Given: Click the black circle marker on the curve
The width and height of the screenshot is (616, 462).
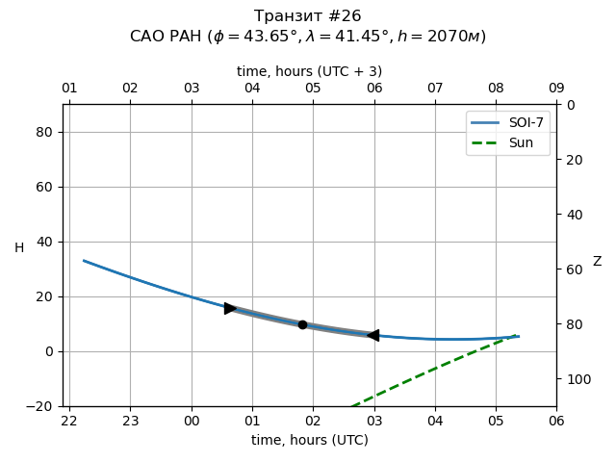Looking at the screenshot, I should click(302, 324).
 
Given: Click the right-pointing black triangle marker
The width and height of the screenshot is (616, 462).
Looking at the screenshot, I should click(230, 308).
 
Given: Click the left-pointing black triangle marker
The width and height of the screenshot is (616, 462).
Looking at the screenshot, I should click(373, 335).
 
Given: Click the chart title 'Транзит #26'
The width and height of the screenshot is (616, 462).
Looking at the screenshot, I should click(308, 16).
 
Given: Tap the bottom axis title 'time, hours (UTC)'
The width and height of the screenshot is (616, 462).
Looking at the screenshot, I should click(310, 440).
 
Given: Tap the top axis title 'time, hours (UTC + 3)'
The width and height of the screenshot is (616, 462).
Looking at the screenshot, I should click(310, 71).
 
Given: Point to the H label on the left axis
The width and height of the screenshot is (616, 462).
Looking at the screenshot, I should click(19, 248).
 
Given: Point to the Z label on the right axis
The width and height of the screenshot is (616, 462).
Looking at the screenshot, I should click(597, 262).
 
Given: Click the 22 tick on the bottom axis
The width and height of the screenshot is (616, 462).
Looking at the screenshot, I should click(69, 421).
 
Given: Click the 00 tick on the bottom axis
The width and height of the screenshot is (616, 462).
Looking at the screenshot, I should click(192, 421).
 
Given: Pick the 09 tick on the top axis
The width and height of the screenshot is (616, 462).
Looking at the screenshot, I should click(556, 89).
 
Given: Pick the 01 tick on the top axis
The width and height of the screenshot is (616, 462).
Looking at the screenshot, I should click(69, 89).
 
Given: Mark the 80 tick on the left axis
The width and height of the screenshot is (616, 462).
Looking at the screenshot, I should click(43, 132).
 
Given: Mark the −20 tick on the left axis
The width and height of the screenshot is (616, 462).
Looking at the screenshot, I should click(39, 406).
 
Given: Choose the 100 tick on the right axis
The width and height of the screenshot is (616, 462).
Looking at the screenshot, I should click(574, 379).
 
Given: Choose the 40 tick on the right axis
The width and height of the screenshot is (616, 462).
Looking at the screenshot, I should click(571, 215).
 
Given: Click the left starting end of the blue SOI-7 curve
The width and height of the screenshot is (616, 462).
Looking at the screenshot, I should click(84, 260).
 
